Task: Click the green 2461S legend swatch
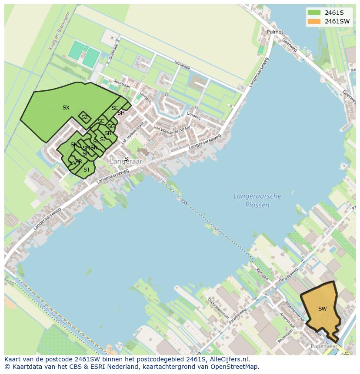(x=313, y=13)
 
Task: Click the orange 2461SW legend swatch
(x=313, y=21)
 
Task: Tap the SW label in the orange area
(x=322, y=309)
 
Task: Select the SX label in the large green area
(x=66, y=108)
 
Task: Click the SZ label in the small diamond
(x=85, y=117)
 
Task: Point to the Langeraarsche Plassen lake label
(x=257, y=201)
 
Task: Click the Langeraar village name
(x=126, y=162)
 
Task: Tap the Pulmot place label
(x=275, y=32)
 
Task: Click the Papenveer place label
(x=324, y=346)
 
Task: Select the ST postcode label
(x=87, y=170)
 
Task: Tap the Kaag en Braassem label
(x=53, y=37)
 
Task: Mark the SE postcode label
(x=115, y=108)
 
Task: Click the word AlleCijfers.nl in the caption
(x=228, y=359)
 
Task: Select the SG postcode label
(x=111, y=126)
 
